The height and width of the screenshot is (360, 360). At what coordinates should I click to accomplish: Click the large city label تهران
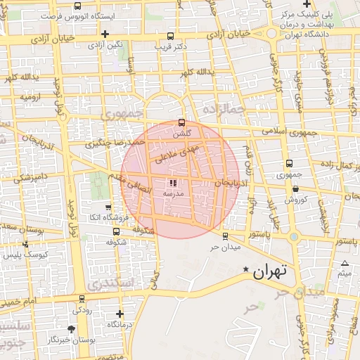271,271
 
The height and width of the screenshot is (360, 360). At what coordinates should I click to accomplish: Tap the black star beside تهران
245,270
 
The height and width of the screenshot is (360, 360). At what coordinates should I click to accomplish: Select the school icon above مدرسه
174,184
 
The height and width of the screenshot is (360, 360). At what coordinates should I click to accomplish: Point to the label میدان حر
225,247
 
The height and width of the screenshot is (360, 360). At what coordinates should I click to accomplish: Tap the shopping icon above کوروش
295,188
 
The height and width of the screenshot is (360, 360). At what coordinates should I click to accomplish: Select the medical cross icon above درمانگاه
120,314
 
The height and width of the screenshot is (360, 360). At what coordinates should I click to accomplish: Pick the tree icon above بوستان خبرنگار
70,328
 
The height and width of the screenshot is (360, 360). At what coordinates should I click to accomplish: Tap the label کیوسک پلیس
26,254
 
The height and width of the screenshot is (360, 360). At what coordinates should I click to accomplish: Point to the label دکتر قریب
171,46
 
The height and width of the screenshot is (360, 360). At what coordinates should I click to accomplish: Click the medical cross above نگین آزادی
105,34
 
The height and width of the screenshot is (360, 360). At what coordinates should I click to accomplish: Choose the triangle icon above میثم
345,264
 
